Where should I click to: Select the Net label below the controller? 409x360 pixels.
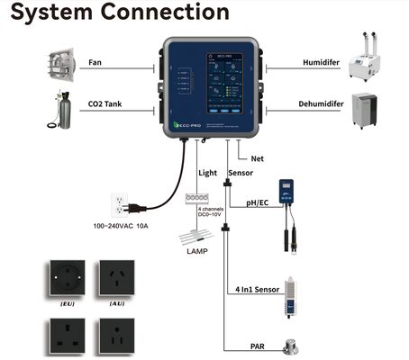257,157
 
